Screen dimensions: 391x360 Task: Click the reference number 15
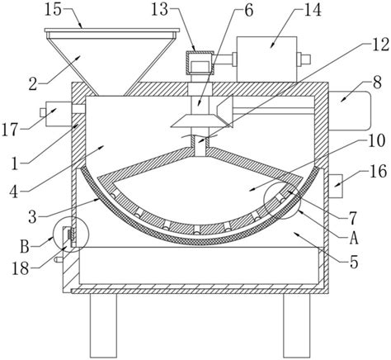tap(54, 10)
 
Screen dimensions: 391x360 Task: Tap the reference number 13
tap(160, 10)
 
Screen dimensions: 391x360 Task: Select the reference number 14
tap(312, 11)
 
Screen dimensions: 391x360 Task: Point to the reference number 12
tap(380, 45)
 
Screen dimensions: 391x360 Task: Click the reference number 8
tap(378, 82)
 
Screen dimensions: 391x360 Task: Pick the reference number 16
tap(379, 171)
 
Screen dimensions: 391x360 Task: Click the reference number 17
tap(10, 130)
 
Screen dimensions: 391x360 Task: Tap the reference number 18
tap(21, 268)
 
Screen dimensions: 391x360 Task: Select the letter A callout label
tap(354, 238)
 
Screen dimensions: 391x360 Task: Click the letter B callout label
tap(25, 247)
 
